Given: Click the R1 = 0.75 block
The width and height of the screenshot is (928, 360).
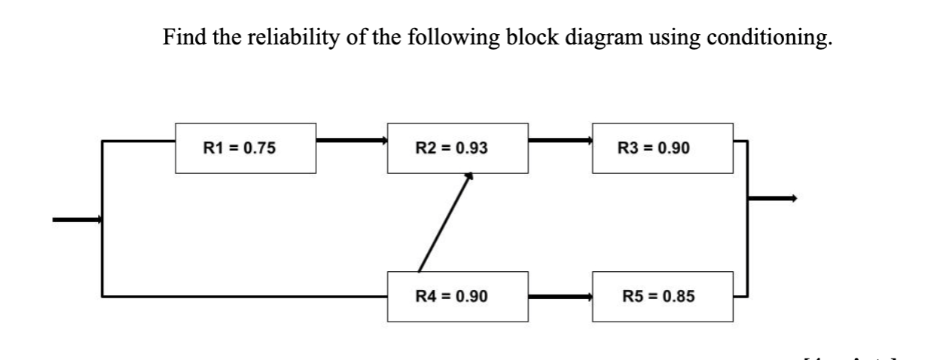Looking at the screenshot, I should point(245,148).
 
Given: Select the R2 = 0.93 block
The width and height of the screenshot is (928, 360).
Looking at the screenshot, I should point(456,148).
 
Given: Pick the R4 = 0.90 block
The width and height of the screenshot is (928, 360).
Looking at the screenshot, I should point(456,296).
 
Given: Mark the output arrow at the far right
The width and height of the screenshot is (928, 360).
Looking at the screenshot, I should point(771,198).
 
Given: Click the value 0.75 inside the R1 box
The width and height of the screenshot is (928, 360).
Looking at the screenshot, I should point(260,148).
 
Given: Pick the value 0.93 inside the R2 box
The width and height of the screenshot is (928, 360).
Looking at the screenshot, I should point(472,148).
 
